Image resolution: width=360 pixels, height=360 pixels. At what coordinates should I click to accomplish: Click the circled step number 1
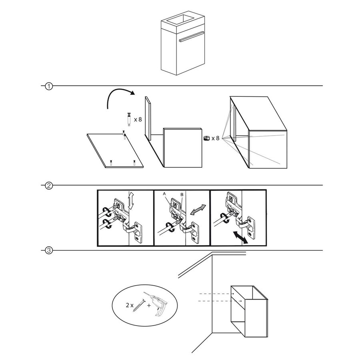[48, 86]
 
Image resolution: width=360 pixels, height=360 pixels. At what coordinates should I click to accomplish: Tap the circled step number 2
[48, 186]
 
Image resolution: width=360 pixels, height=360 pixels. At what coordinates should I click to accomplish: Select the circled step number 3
[48, 251]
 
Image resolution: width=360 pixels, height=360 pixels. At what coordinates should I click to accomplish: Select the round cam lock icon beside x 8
[206, 138]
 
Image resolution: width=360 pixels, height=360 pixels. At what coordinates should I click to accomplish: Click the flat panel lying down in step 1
[116, 151]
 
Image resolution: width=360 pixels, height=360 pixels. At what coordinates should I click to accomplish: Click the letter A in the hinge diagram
[164, 193]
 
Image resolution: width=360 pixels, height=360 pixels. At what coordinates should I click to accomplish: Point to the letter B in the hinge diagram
[182, 194]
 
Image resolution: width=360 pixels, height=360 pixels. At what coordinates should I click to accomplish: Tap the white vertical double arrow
[130, 200]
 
